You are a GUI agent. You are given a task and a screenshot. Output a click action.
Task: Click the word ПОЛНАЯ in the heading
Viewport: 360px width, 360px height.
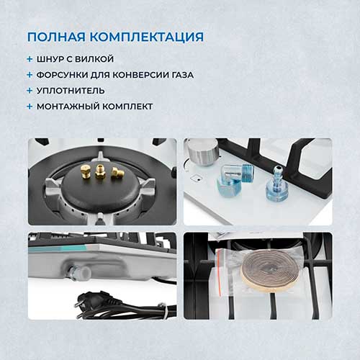pos(56,37)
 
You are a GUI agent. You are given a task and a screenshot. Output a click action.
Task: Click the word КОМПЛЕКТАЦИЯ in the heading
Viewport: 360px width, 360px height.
pos(147,37)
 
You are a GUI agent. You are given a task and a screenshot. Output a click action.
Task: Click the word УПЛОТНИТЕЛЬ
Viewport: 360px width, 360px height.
pos(71,91)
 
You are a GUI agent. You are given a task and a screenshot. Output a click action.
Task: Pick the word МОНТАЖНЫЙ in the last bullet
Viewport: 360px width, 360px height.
pos(64,107)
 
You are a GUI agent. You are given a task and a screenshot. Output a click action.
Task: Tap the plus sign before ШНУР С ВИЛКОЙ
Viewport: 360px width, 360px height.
pos(30,59)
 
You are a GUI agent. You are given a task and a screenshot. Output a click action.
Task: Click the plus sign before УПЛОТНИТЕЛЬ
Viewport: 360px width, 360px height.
pos(30,91)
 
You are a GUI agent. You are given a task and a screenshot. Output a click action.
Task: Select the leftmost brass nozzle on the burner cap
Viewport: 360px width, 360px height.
pos(85,171)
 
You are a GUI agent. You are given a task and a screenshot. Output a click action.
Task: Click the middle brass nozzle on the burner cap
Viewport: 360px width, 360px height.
pos(100,171)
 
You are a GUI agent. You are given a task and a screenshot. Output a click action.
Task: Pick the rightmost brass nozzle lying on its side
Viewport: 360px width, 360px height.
pos(117,173)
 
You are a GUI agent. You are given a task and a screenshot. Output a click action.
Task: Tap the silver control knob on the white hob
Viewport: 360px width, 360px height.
pos(203,152)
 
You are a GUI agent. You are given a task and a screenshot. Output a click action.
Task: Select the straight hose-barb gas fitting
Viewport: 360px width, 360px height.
pos(276,186)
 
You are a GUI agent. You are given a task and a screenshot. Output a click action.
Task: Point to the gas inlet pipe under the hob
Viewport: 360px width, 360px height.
pos(78,273)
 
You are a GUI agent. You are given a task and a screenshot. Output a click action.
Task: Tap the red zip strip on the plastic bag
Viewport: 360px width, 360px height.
pos(219,273)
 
